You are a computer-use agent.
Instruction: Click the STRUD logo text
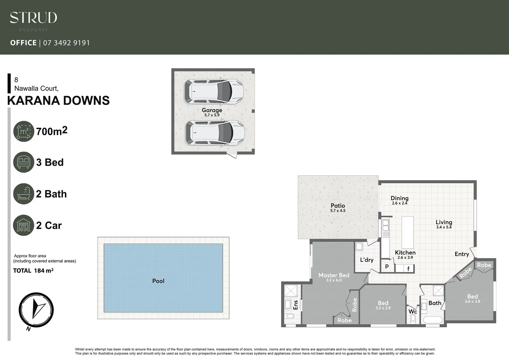(33, 18)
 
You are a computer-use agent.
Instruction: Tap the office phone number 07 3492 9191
(67, 43)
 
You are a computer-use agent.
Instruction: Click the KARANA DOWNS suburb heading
(58, 101)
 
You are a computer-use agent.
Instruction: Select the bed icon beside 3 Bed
(24, 162)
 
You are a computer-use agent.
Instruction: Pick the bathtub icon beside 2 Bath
(24, 194)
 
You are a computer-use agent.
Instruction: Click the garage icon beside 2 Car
(24, 225)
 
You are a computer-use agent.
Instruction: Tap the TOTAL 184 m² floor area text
(33, 271)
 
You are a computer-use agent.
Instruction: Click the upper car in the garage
(214, 91)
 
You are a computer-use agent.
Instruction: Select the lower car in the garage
(215, 133)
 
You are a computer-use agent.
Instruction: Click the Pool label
(158, 281)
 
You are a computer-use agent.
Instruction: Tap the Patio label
(338, 206)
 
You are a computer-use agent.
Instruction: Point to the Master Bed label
(334, 275)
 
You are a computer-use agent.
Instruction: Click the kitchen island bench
(408, 232)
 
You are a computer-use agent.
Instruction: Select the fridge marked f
(408, 269)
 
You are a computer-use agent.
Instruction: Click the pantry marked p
(387, 266)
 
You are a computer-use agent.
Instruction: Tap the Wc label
(413, 311)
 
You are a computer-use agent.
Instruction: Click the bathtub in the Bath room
(433, 320)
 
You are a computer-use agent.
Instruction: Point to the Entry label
(462, 254)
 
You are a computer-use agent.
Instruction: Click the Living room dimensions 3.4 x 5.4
(444, 227)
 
